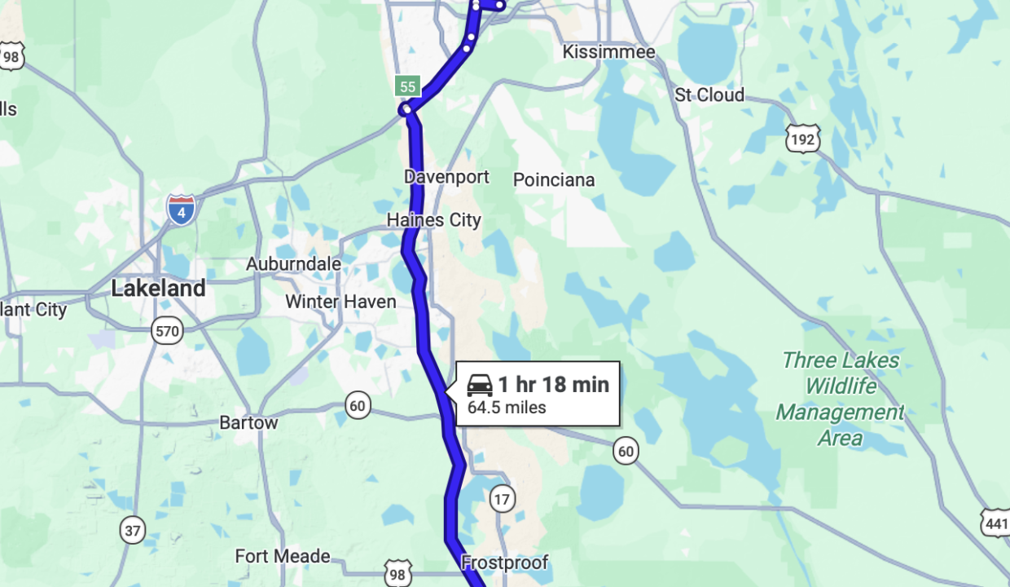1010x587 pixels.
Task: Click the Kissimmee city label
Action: (x=608, y=52)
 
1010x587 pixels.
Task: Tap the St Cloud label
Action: (x=709, y=95)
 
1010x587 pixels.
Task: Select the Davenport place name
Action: (x=446, y=177)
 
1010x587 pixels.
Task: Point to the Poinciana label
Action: (x=554, y=180)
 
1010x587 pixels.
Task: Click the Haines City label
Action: (x=433, y=220)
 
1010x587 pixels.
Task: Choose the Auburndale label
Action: (x=293, y=264)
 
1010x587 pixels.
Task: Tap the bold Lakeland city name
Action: (x=158, y=288)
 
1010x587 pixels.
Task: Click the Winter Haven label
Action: (x=340, y=302)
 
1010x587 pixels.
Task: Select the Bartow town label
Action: (x=248, y=423)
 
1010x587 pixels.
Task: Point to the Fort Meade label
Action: (x=283, y=557)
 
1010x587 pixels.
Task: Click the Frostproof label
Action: (x=504, y=563)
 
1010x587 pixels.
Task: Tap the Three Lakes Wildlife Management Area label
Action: (x=840, y=399)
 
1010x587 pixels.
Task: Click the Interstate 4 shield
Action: (x=181, y=210)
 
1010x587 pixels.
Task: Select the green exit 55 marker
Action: (x=407, y=86)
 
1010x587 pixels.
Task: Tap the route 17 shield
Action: (x=503, y=499)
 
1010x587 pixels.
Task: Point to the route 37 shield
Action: (x=133, y=530)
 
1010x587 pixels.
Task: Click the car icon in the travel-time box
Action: (x=480, y=384)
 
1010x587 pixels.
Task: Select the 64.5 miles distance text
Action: (x=507, y=408)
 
